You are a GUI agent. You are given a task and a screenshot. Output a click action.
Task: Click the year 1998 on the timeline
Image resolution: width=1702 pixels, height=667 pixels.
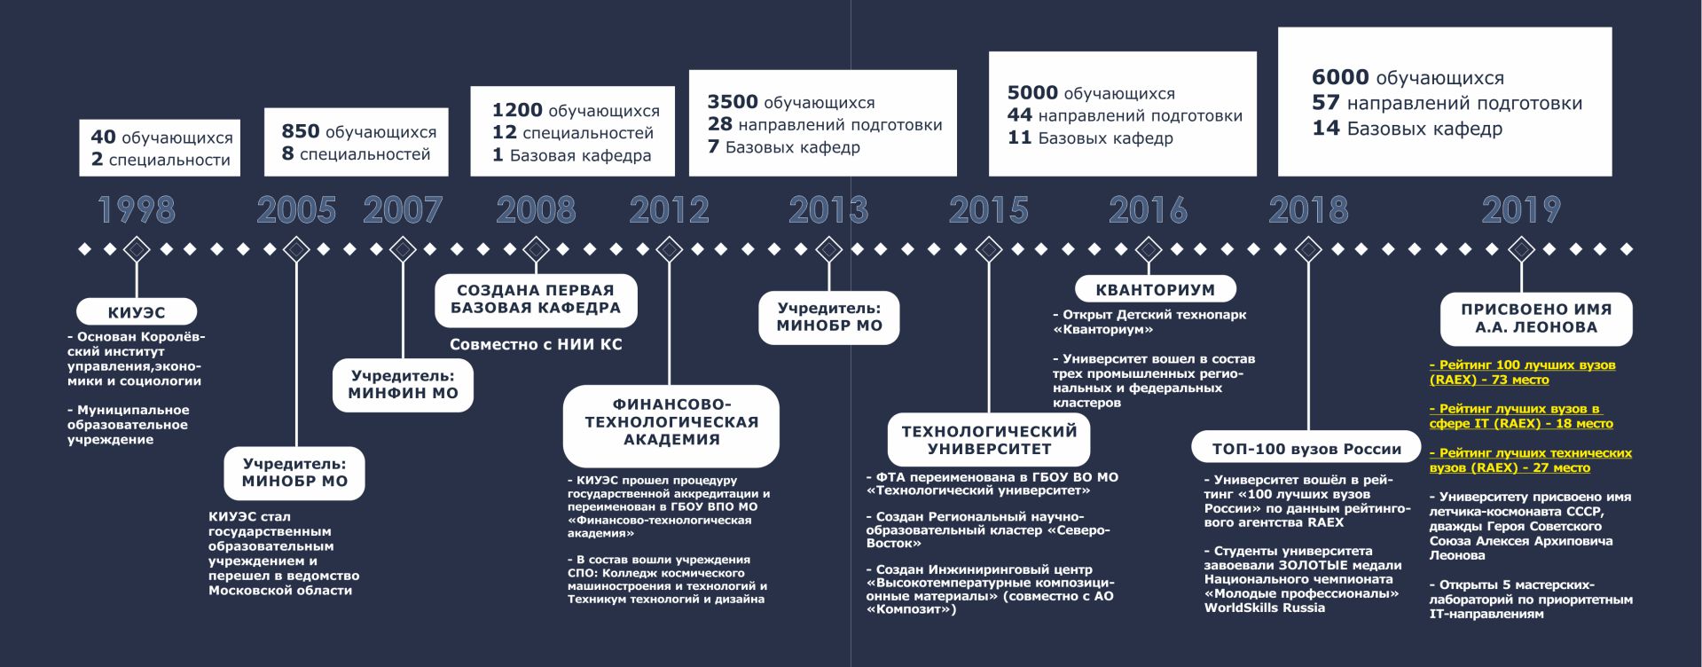[137, 210]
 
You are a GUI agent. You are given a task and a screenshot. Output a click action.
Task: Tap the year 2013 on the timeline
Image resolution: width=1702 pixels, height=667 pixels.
[828, 210]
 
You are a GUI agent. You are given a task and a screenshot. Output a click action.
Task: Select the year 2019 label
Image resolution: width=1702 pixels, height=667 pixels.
[1521, 210]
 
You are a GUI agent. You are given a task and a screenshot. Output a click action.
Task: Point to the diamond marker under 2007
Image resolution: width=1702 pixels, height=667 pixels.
[403, 250]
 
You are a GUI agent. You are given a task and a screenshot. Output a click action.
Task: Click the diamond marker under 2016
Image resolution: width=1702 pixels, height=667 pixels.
[1149, 250]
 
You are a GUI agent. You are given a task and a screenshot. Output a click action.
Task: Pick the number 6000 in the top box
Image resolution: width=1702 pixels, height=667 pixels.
[1340, 78]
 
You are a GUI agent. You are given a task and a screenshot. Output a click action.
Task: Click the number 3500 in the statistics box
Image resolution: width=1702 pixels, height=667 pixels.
[733, 102]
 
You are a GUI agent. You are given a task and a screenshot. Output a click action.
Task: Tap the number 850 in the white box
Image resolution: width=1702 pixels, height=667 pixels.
[301, 131]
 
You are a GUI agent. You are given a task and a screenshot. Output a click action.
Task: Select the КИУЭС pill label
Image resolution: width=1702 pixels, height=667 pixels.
[137, 312]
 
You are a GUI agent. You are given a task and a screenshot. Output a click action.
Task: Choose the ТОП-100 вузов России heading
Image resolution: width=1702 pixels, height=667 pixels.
[1307, 449]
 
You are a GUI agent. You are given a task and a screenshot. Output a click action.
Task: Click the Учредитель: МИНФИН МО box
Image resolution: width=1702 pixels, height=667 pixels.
[403, 385]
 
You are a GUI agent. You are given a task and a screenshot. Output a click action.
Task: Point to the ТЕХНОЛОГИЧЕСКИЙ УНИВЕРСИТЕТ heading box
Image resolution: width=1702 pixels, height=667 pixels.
[989, 440]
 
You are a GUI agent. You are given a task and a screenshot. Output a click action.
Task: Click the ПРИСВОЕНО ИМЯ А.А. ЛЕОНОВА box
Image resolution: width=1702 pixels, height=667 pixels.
[1536, 318]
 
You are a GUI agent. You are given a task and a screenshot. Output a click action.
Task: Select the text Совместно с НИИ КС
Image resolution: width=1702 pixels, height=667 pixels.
[536, 345]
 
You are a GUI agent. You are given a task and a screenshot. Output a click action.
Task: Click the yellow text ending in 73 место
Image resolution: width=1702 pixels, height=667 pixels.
[1522, 373]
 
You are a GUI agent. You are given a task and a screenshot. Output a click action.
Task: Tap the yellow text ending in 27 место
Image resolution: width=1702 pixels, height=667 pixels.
[1531, 460]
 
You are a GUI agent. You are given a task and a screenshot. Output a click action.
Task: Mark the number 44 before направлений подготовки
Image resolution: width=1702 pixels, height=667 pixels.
[1020, 115]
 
